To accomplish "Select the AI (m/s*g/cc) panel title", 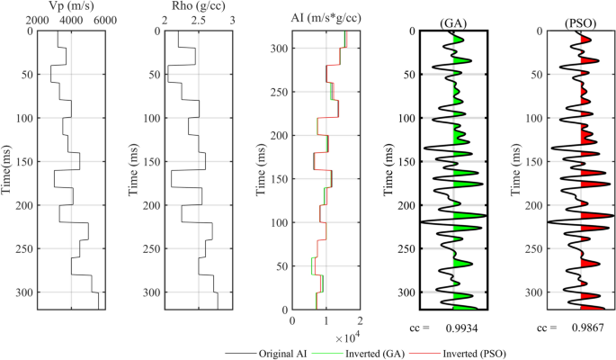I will [325, 19].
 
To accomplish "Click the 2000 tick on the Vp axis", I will [39, 20].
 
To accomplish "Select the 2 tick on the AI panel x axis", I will [360, 319].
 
